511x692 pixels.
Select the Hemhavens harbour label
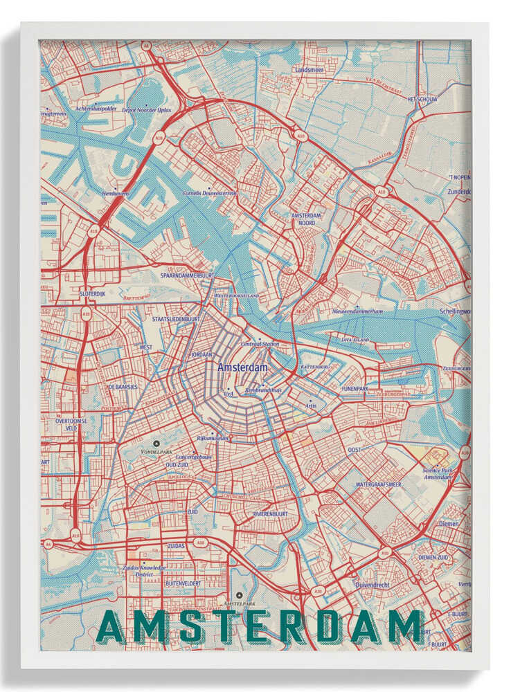pos(115,194)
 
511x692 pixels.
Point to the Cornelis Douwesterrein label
pos(210,193)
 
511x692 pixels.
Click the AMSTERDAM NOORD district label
pos(303,219)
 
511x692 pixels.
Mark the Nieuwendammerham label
pos(357,311)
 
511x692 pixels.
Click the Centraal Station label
pos(260,344)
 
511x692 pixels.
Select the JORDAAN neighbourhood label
pos(202,354)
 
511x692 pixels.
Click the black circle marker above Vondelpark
pos(156,443)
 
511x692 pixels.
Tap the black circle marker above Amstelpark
pos(240,595)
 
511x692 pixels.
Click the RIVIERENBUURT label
pos(270,514)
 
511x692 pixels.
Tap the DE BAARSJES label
pos(123,387)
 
